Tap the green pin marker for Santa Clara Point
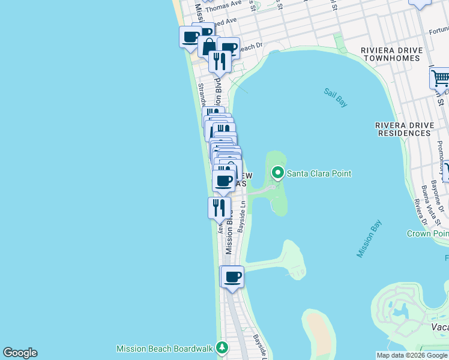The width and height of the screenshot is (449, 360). (x=277, y=173)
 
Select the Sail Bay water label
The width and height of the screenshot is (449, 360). (x=336, y=98)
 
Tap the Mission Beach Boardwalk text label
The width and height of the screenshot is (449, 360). (x=165, y=349)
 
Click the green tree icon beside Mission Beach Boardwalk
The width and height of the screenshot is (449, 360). (x=222, y=348)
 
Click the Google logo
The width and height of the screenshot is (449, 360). (x=20, y=353)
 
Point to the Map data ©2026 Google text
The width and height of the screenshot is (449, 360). (x=412, y=355)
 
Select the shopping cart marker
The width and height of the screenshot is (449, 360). (x=440, y=78)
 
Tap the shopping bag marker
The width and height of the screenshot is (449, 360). (x=208, y=46)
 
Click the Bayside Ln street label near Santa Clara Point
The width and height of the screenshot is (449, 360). (x=242, y=216)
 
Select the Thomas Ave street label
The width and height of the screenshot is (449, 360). (x=226, y=4)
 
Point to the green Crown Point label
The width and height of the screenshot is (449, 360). (x=427, y=233)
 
